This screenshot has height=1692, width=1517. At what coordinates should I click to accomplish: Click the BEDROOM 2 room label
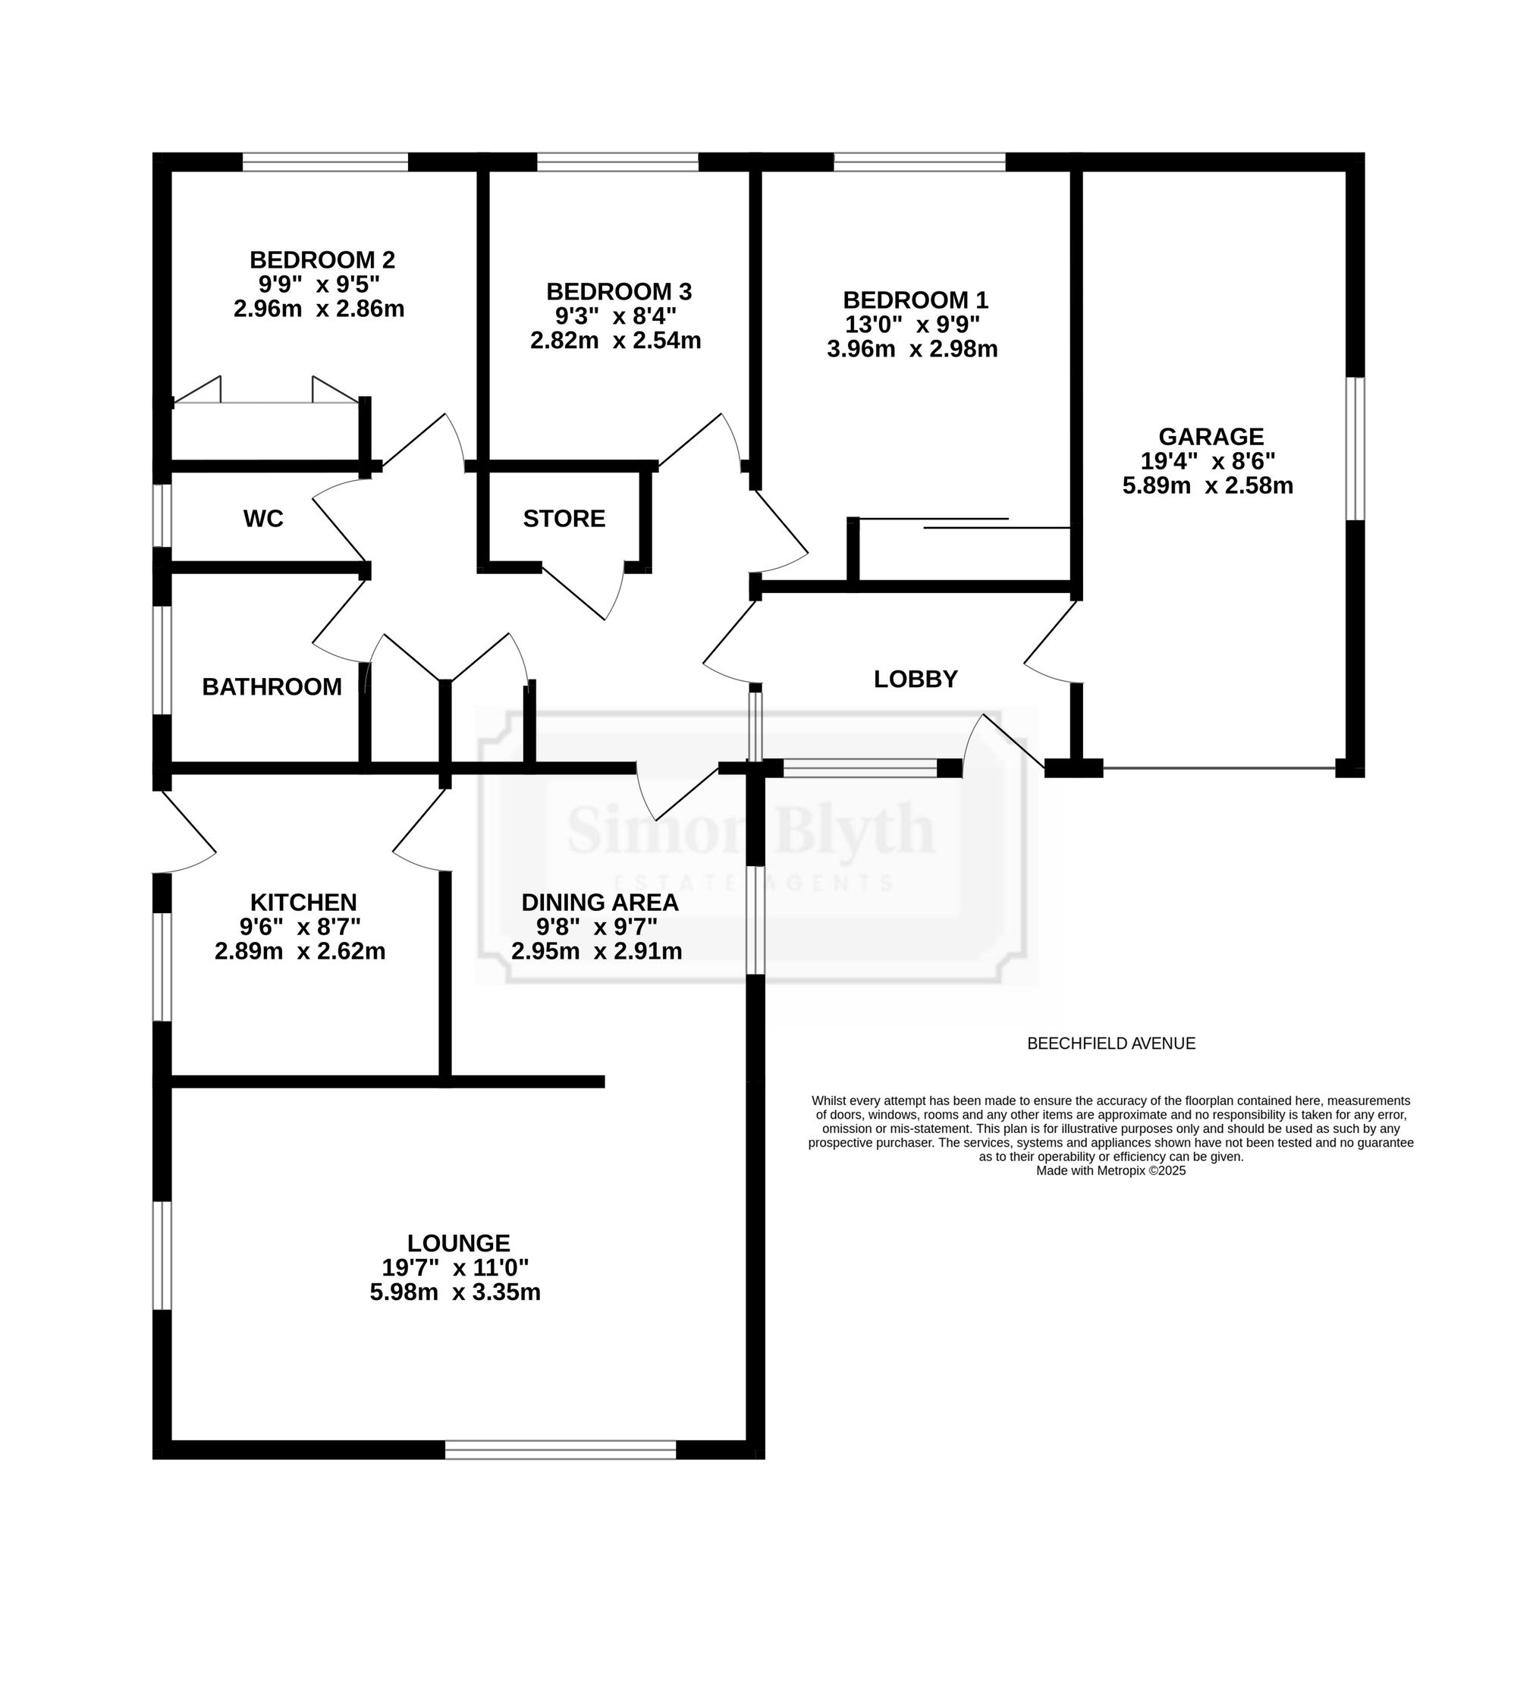[x=322, y=260]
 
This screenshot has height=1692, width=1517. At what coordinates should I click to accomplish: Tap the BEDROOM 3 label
[x=618, y=292]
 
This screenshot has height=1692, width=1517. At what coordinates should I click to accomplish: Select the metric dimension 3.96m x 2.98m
[x=912, y=348]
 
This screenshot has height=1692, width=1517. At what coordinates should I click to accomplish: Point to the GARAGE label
[x=1211, y=436]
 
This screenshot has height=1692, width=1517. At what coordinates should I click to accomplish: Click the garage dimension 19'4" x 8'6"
[x=1208, y=460]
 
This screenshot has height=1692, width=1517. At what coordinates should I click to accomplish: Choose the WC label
[x=263, y=519]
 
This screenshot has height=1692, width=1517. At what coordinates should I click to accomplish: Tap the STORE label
[x=564, y=519]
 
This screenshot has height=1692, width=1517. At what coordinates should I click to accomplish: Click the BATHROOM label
[x=272, y=687]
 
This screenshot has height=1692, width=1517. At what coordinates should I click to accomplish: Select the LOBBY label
[x=916, y=680]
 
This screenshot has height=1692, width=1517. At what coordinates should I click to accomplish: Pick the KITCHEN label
[x=303, y=902]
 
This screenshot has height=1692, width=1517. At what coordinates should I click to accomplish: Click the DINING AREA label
[x=600, y=902]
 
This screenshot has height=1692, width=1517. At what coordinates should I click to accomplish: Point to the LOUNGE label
[x=458, y=1243]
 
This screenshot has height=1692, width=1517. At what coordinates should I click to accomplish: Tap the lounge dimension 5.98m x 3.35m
[x=455, y=1292]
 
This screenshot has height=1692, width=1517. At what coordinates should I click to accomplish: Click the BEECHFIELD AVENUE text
[x=1111, y=1043]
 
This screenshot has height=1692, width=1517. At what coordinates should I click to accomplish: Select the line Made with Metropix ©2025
[x=1110, y=1170]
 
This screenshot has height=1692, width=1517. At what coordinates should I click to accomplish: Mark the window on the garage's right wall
[x=1356, y=448]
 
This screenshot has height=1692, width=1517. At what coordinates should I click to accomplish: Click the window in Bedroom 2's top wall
[x=325, y=162]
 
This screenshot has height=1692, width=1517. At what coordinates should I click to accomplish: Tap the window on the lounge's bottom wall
[x=560, y=1449]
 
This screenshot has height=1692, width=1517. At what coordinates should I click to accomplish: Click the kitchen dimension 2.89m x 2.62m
[x=300, y=951]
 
